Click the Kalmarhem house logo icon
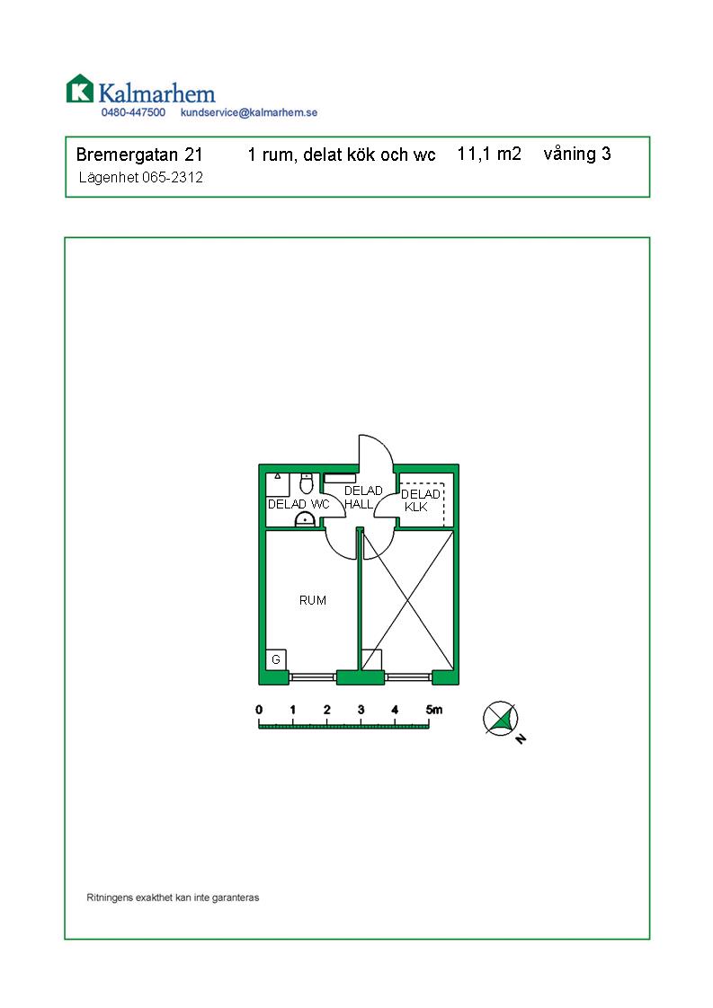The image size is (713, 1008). pyautogui.click(x=80, y=89)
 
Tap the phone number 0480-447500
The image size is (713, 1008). pyautogui.click(x=133, y=112)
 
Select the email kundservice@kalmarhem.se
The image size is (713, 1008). pyautogui.click(x=249, y=112)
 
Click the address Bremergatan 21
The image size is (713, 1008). pyautogui.click(x=139, y=155)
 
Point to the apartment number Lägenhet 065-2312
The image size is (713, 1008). pyautogui.click(x=141, y=177)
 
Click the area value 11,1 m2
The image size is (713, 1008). pyautogui.click(x=489, y=155)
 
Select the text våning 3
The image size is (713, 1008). pyautogui.click(x=577, y=155)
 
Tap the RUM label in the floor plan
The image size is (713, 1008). pyautogui.click(x=313, y=600)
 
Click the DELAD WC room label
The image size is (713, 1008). pyautogui.click(x=299, y=505)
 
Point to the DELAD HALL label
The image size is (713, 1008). pyautogui.click(x=363, y=498)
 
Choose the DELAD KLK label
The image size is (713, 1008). pyautogui.click(x=420, y=500)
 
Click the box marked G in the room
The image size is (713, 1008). pyautogui.click(x=276, y=659)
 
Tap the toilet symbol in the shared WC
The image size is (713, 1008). pyautogui.click(x=307, y=482)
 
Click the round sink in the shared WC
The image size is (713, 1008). pyautogui.click(x=305, y=519)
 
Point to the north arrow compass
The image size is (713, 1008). pyautogui.click(x=502, y=719)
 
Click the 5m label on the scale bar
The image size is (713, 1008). pyautogui.click(x=433, y=710)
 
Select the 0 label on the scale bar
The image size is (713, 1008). pyautogui.click(x=259, y=710)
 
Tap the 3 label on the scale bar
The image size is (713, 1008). pyautogui.click(x=361, y=710)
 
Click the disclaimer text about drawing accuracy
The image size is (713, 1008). pyautogui.click(x=174, y=897)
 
